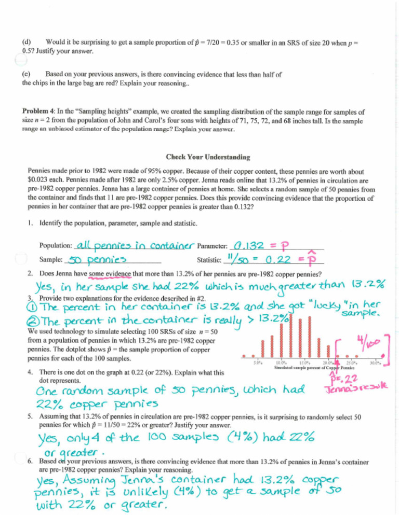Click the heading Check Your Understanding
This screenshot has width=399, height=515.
[199, 157]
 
